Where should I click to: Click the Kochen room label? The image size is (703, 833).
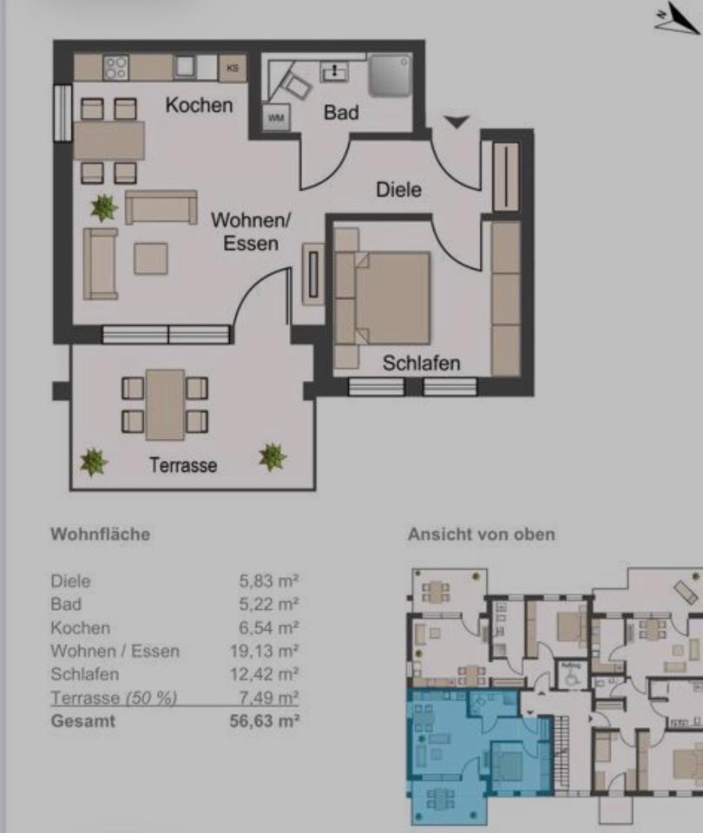coord(199,105)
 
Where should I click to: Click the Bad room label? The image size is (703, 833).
coord(341,112)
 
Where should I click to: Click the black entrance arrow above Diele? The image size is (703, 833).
coord(457,122)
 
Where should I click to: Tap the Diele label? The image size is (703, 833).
coord(398,189)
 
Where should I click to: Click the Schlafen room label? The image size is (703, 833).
coord(421,363)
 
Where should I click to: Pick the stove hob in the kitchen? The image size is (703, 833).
coord(115,67)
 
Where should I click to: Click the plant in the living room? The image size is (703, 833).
coord(104,207)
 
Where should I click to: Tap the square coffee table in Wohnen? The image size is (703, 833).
coord(151,259)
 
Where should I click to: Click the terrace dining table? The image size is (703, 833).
coord(165,404)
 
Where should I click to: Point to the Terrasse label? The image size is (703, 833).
coord(182,465)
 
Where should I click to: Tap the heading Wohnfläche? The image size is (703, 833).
coord(100,535)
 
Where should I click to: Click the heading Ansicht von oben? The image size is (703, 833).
coord(481,535)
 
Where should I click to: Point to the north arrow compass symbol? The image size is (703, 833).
coord(675,18)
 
